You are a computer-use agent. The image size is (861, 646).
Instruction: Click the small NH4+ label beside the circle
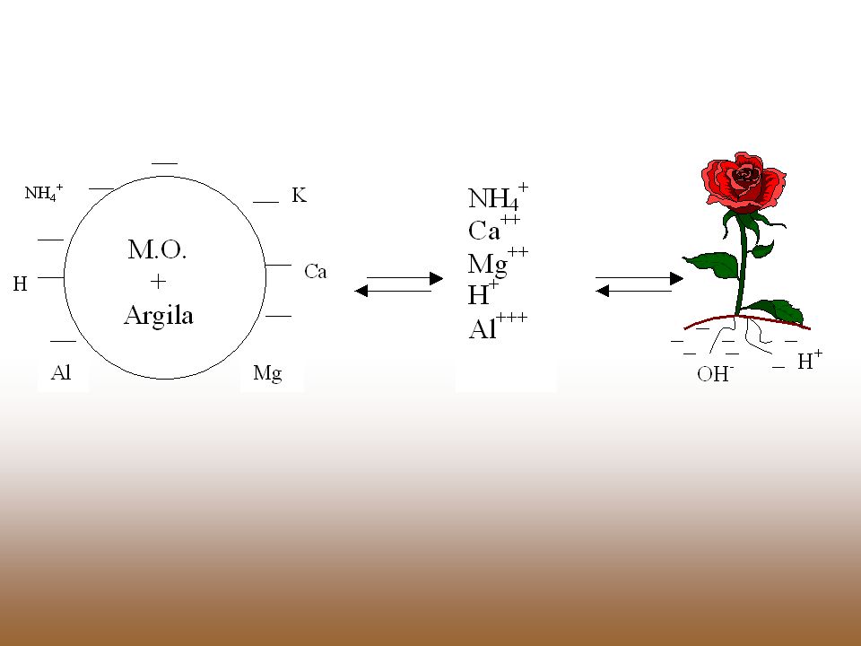tap(44, 193)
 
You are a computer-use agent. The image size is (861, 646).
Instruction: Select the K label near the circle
tap(299, 195)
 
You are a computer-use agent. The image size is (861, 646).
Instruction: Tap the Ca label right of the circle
tap(315, 271)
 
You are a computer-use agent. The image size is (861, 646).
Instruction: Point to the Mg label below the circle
tap(267, 373)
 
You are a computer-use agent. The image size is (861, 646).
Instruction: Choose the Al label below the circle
tap(61, 373)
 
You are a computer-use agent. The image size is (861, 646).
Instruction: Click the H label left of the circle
tap(20, 284)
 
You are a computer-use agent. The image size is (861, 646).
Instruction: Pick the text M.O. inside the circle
tap(158, 250)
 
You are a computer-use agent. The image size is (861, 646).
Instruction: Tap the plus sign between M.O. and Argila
tap(158, 282)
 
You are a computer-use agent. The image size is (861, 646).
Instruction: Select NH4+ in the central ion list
tap(498, 196)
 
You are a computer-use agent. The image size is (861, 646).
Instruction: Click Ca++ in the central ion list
tap(493, 229)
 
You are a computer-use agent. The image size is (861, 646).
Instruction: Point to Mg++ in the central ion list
tap(498, 261)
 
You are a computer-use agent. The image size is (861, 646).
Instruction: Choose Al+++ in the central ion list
tap(498, 327)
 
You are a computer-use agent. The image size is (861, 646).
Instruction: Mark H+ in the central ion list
tap(483, 294)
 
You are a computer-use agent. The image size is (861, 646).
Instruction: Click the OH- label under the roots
tap(716, 373)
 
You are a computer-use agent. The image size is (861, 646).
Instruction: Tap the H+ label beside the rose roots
tap(810, 361)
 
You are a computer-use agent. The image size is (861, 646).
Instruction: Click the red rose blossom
tap(744, 182)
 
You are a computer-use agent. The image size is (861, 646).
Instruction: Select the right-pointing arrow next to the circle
tap(404, 278)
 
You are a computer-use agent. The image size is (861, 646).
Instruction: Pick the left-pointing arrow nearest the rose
tap(634, 291)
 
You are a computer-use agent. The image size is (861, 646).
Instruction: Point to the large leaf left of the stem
tap(711, 264)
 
